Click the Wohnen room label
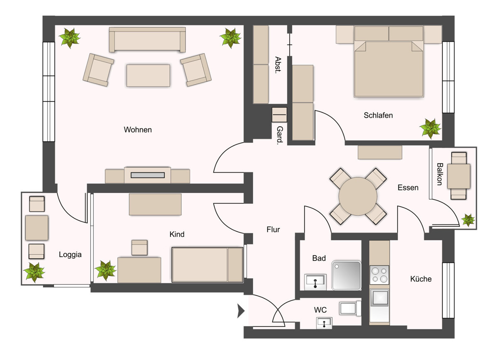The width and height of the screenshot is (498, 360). [x=138, y=129]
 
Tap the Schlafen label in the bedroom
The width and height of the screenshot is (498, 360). [x=378, y=115]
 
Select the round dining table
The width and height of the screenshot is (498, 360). [x=358, y=196]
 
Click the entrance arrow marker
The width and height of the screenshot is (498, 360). [x=241, y=311]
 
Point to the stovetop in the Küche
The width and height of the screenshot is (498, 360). [x=379, y=275]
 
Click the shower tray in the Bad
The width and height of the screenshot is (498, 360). [x=346, y=275]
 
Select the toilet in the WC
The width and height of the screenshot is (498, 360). [x=350, y=308]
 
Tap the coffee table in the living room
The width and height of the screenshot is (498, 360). [x=148, y=75]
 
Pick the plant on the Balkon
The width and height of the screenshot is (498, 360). [x=468, y=220]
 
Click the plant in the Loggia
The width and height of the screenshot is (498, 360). [x=34, y=272]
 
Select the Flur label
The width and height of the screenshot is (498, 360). [x=273, y=229]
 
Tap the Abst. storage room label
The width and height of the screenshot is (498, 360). [x=278, y=65]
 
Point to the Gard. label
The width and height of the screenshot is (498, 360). [x=280, y=135]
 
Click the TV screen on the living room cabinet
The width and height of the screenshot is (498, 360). [x=148, y=175]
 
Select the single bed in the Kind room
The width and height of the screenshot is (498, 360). [x=207, y=265]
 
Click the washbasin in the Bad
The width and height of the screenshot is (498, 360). [x=315, y=282]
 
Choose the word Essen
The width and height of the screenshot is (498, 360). [x=408, y=187]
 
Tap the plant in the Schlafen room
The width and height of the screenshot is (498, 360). [x=430, y=129]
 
